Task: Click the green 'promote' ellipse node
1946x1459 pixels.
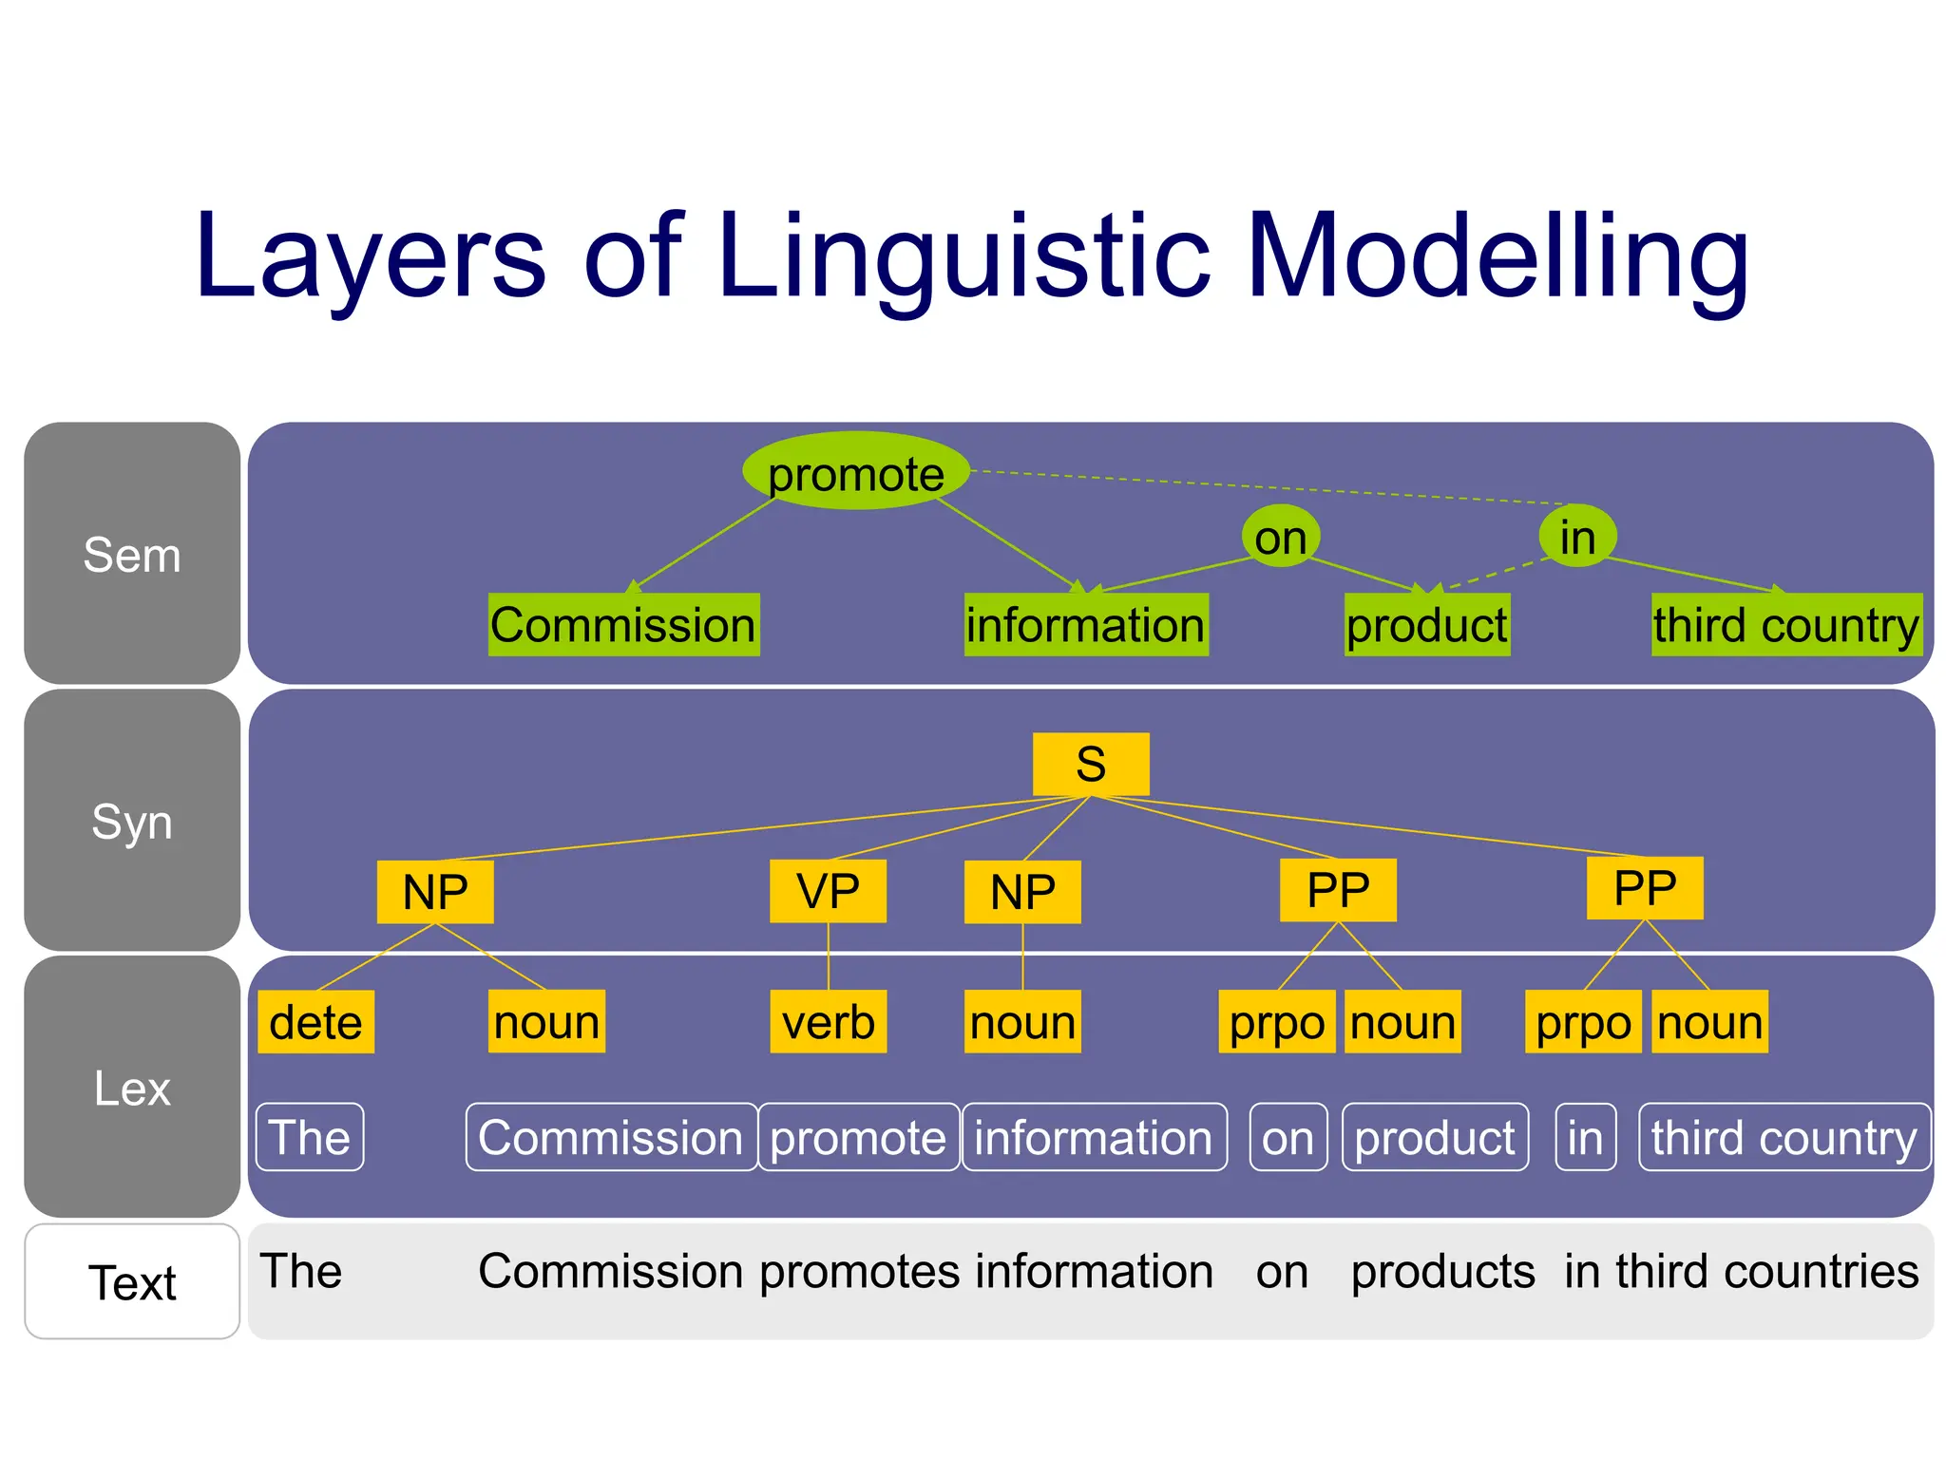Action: click(x=855, y=471)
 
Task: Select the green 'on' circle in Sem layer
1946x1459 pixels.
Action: click(x=1280, y=537)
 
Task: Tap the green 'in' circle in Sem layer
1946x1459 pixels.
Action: click(x=1577, y=537)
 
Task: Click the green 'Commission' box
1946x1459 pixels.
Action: click(x=623, y=625)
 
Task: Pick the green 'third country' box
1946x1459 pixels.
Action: click(x=1786, y=625)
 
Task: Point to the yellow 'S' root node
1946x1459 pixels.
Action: click(x=1091, y=764)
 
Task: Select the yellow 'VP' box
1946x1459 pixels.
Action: click(x=828, y=891)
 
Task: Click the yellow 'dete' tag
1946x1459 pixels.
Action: click(x=315, y=1022)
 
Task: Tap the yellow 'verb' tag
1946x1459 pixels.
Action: click(x=828, y=1022)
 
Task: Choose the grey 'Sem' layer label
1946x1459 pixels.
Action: click(x=132, y=554)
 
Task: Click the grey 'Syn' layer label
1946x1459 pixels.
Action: click(x=132, y=821)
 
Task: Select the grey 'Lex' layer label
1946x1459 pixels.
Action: click(x=132, y=1087)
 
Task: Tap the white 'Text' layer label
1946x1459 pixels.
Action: click(x=132, y=1281)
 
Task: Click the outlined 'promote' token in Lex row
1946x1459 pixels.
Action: click(x=858, y=1137)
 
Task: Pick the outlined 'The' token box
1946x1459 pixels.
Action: click(x=310, y=1137)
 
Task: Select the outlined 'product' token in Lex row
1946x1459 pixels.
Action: click(x=1435, y=1137)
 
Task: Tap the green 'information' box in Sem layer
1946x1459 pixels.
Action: click(x=1086, y=625)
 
